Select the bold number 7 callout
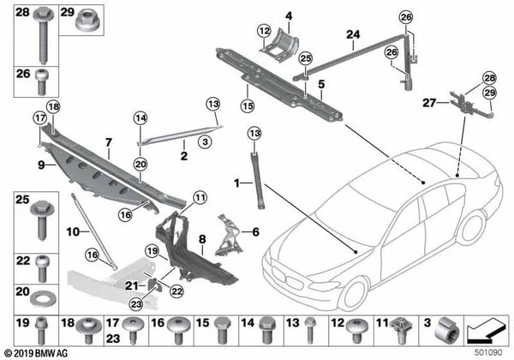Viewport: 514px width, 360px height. pos(108,140)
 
